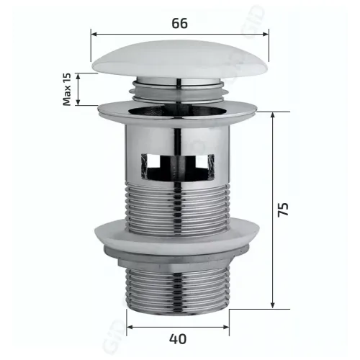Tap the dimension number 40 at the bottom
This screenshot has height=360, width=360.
(x=179, y=336)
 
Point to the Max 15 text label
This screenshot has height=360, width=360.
(x=67, y=89)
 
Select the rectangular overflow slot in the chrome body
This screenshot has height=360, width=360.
(x=180, y=166)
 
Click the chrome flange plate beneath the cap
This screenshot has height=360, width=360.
(x=179, y=109)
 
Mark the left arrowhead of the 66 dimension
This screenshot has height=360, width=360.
(x=94, y=33)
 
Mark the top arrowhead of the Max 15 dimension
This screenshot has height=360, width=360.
(x=78, y=75)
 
